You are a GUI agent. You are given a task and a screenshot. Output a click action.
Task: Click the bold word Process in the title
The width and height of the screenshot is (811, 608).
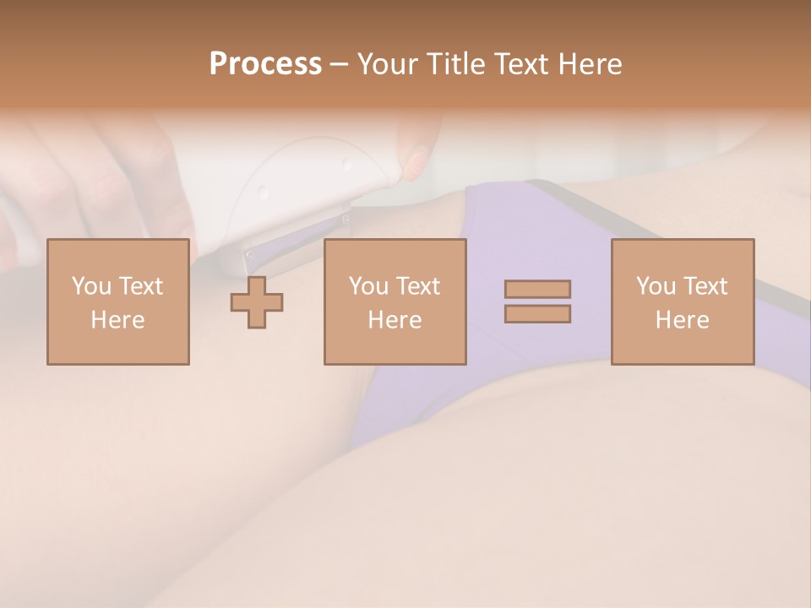tap(265, 64)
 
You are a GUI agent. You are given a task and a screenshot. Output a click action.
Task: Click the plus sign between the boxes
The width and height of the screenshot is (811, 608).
tap(257, 302)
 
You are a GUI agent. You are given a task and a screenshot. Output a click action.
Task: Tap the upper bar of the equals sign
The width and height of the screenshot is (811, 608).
tap(537, 289)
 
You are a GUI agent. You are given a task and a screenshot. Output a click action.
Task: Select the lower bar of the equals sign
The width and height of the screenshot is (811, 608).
tap(537, 314)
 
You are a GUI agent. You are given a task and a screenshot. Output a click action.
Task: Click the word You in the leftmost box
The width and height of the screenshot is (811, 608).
tap(90, 286)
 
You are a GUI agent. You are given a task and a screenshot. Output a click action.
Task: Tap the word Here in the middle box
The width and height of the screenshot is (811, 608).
tap(395, 320)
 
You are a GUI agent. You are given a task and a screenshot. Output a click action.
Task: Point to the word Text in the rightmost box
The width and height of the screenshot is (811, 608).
tap(705, 286)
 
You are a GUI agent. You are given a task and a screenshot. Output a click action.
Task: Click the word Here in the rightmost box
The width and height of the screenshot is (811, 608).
tap(682, 320)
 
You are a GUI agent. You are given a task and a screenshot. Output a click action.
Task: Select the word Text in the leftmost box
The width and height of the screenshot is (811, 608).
tap(140, 286)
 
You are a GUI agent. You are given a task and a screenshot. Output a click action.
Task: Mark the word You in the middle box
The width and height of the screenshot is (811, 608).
tap(367, 286)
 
